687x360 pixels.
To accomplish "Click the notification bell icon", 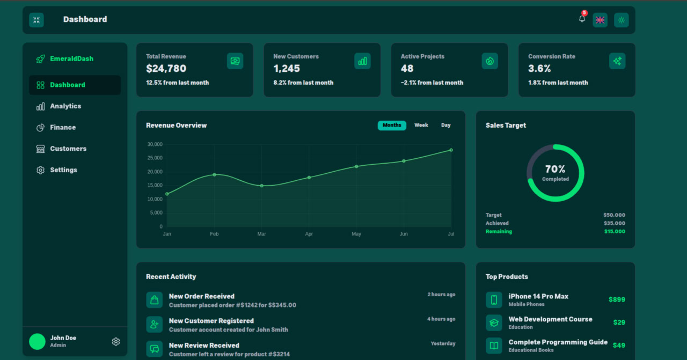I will click(x=582, y=19).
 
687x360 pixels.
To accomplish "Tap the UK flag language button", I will click(x=600, y=20).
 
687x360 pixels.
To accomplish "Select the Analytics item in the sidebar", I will click(x=65, y=106).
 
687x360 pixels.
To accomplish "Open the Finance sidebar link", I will click(x=63, y=128).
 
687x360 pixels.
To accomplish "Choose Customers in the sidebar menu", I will click(x=68, y=149).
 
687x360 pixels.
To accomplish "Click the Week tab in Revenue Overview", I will click(x=421, y=126).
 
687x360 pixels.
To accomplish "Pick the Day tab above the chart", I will click(x=446, y=126).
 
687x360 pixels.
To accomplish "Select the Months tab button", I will click(x=392, y=126).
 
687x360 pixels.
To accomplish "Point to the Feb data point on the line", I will click(x=214, y=174).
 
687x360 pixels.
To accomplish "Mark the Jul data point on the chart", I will click(x=451, y=150).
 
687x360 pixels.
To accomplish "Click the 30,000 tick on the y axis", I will click(x=155, y=144).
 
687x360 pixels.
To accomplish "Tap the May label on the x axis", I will click(x=356, y=234).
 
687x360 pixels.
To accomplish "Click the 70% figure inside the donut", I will click(x=556, y=170).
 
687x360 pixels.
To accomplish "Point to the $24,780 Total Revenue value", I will click(x=166, y=69).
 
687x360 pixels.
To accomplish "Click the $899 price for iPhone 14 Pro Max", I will click(x=617, y=300).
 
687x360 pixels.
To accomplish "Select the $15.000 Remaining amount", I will click(x=615, y=232).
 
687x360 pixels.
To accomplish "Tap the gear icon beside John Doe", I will click(x=116, y=342).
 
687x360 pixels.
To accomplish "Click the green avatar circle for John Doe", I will click(x=37, y=342).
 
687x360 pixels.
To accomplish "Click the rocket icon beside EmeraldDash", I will click(x=40, y=59).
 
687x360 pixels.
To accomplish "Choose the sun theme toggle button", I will click(x=622, y=20).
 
